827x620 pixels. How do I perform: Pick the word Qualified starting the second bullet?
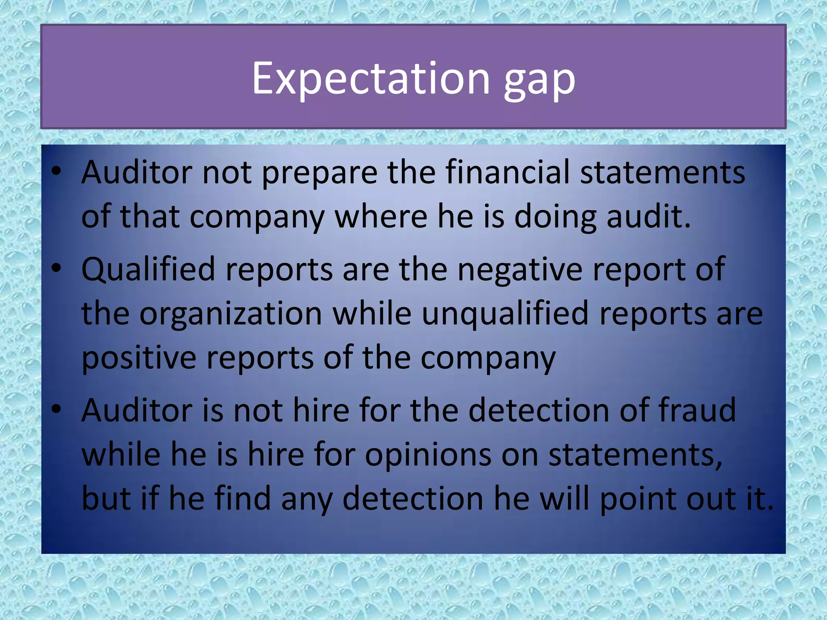click(x=148, y=270)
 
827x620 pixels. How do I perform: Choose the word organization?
click(x=231, y=314)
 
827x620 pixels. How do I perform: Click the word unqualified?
click(x=505, y=314)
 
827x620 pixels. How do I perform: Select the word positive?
click(x=139, y=358)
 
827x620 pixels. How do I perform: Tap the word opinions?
click(x=428, y=455)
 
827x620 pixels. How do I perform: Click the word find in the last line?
click(x=243, y=499)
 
